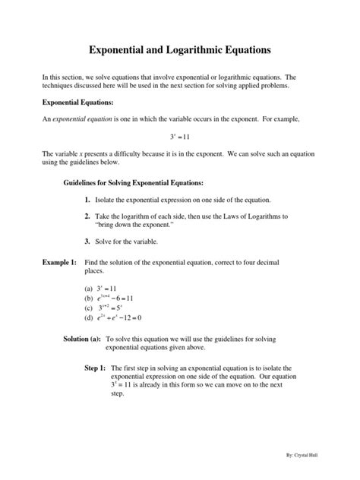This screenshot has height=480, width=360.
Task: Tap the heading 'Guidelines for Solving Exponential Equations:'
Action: (132, 183)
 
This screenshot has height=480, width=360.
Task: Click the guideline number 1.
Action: (88, 200)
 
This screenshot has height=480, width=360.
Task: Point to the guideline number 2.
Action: (88, 217)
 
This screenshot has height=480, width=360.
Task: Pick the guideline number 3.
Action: (88, 242)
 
